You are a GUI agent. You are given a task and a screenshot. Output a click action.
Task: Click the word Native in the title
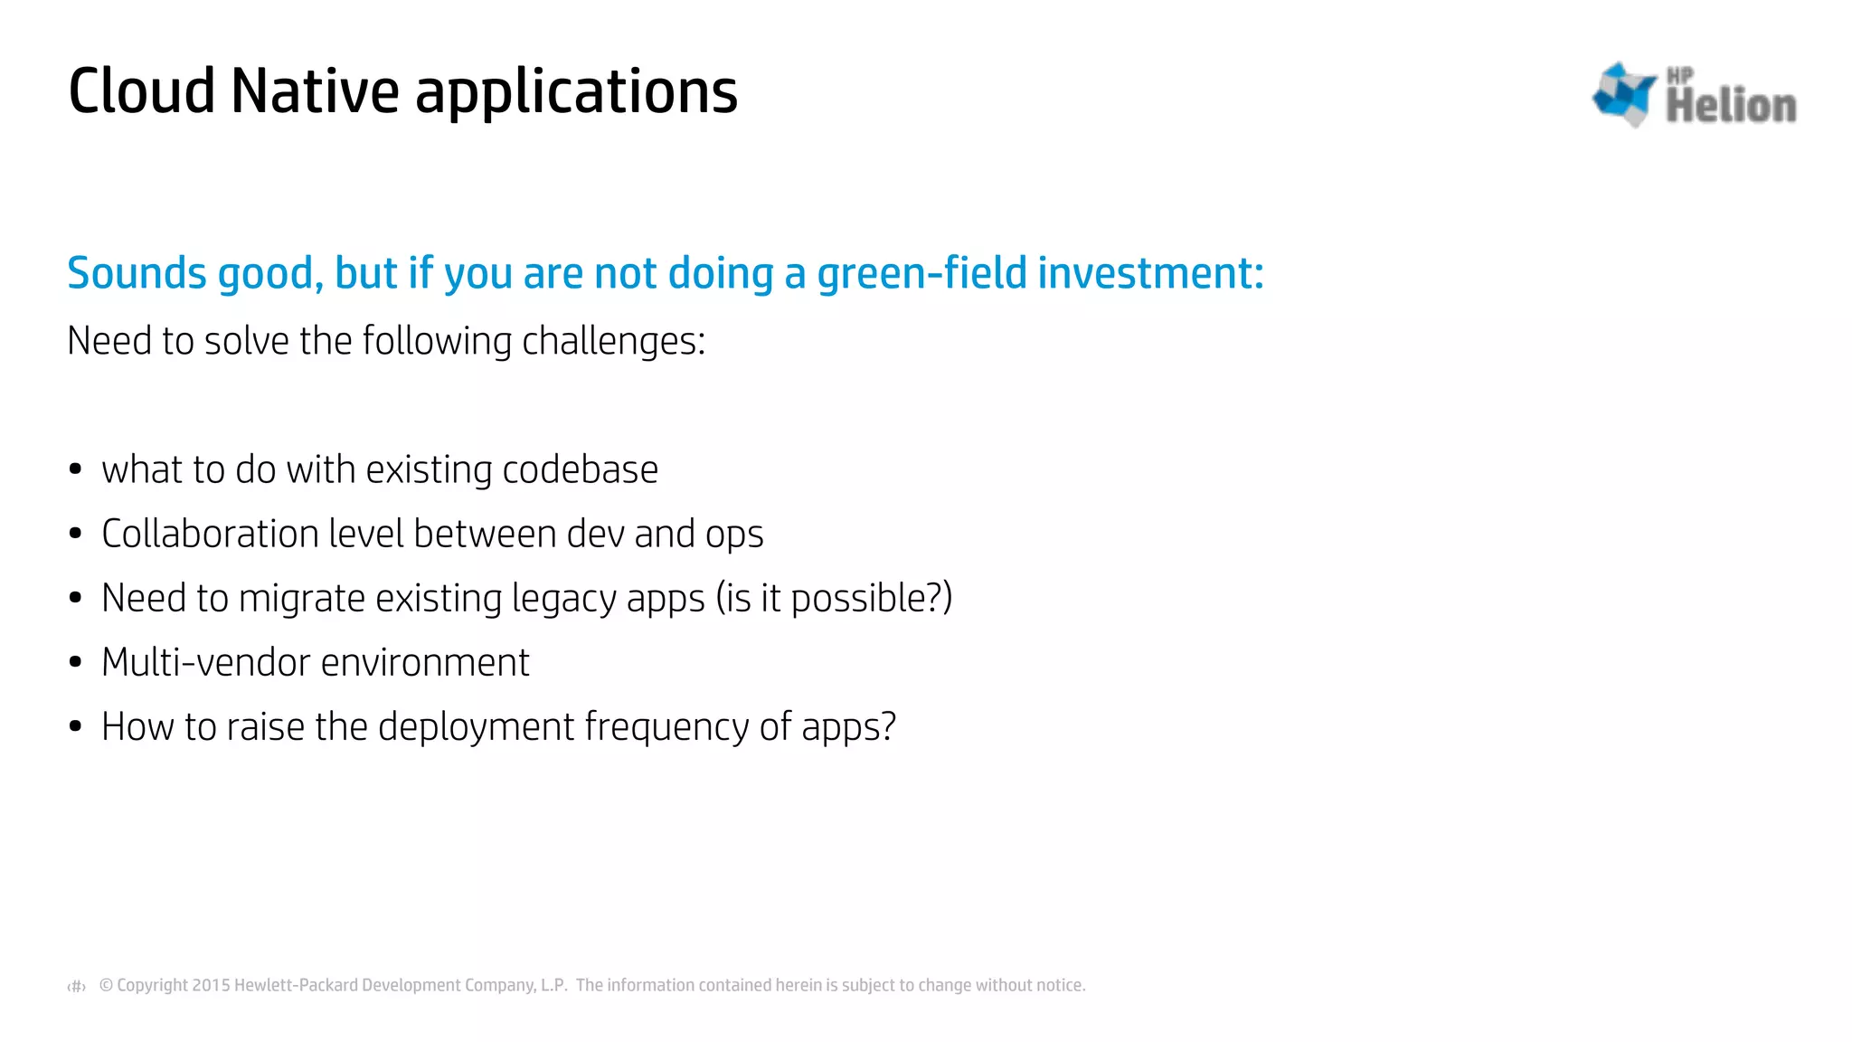(x=315, y=91)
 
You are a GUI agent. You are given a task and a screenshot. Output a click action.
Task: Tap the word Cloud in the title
(x=142, y=91)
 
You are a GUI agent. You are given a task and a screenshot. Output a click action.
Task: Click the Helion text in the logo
(x=1731, y=106)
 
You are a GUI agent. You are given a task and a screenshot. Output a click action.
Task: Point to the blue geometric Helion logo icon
(x=1624, y=93)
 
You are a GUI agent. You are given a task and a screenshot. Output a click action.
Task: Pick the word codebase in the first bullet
(x=580, y=470)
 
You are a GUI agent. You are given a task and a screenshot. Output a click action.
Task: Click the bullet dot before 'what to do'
(x=75, y=469)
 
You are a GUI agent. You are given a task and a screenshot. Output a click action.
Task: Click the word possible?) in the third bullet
(x=871, y=599)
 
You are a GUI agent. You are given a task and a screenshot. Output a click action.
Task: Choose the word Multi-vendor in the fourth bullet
(x=205, y=662)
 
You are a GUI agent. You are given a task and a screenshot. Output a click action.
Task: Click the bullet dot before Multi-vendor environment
(x=75, y=662)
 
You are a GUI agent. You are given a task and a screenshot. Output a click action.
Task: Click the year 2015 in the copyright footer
(x=212, y=985)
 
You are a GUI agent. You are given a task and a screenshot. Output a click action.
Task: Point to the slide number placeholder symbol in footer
(x=77, y=986)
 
